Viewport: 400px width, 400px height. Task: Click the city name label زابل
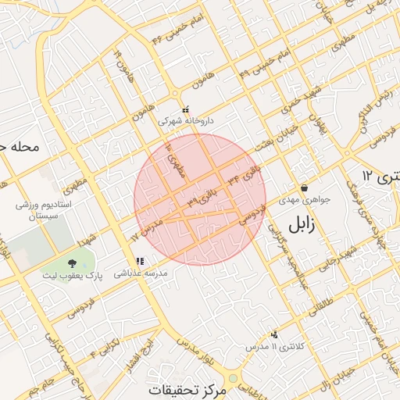301,225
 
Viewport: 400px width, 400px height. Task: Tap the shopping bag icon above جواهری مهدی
303,187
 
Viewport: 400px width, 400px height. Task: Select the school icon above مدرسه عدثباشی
140,262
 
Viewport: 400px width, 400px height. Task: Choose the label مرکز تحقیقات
190,388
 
